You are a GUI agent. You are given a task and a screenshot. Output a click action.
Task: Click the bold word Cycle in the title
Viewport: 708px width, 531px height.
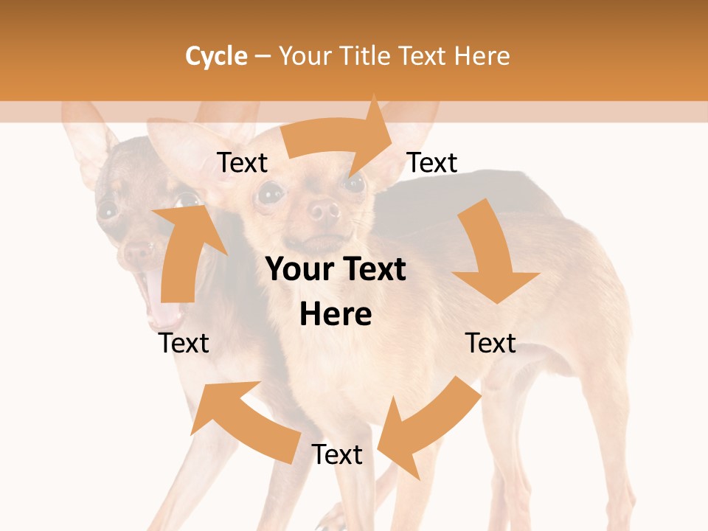click(x=216, y=56)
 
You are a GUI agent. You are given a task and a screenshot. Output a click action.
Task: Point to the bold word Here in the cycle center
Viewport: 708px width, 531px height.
click(x=336, y=314)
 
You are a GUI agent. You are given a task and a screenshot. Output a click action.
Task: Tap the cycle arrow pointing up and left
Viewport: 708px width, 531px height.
click(x=243, y=420)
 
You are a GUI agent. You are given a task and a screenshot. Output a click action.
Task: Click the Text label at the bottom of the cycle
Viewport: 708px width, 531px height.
click(x=336, y=455)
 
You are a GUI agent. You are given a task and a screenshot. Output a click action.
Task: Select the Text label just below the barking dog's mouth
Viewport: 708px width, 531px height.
click(x=184, y=343)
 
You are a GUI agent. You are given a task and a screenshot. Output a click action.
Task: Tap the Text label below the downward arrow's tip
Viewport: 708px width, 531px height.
click(x=490, y=343)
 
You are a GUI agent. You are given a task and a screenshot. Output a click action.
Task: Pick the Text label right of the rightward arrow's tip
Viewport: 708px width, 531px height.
click(x=432, y=162)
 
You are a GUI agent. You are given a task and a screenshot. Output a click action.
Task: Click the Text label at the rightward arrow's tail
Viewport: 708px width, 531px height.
click(x=242, y=162)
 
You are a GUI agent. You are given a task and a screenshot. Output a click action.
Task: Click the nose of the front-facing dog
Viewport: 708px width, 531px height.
click(x=323, y=212)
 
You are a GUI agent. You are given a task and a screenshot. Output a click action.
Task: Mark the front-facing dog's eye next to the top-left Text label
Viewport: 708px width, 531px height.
click(x=270, y=193)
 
